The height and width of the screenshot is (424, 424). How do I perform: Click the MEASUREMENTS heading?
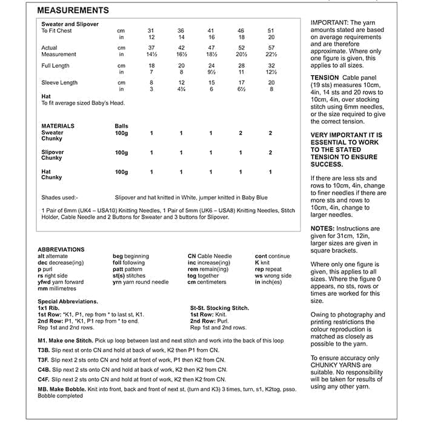(73, 11)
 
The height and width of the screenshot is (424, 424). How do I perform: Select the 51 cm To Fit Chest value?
(271, 30)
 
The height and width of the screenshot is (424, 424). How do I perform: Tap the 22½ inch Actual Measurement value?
(271, 55)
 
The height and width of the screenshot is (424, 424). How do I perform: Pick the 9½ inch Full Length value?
(211, 71)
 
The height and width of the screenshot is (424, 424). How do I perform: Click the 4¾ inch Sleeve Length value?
(181, 89)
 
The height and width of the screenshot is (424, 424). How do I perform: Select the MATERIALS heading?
(58, 126)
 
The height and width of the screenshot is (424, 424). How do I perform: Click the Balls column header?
(121, 126)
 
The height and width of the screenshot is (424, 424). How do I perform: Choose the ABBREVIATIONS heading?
(61, 250)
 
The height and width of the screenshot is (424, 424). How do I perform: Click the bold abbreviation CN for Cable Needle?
(193, 256)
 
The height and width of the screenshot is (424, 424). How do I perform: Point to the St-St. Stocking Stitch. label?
(219, 308)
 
